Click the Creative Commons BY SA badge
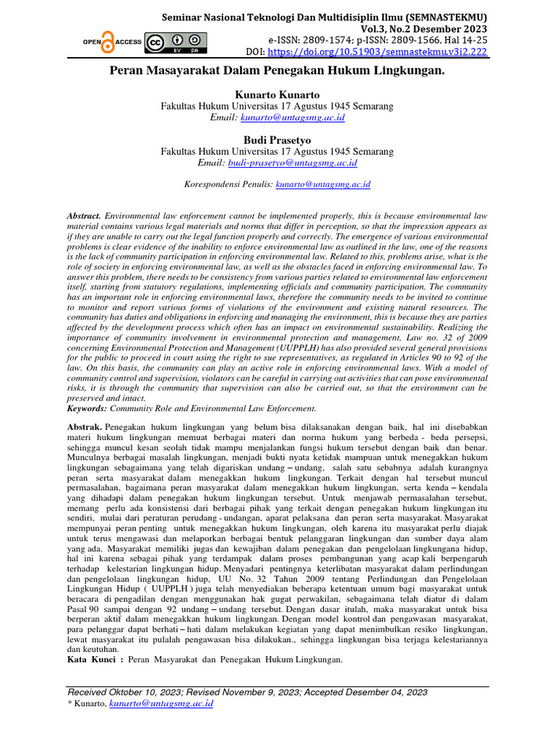coord(176,43)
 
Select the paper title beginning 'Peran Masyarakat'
coord(277,72)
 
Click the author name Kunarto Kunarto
coord(277,95)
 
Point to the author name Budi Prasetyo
coord(277,140)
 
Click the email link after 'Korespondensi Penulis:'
coord(323,184)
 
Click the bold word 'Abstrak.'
coord(83,426)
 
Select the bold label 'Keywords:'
coord(87,408)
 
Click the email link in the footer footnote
coord(160,703)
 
